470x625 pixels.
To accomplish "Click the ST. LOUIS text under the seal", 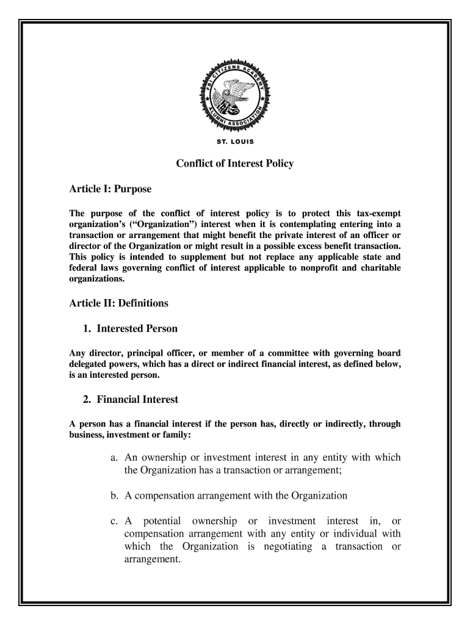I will tap(235, 143).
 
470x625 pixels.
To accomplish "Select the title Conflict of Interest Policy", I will tap(235, 164).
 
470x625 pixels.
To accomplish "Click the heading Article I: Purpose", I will tap(109, 190).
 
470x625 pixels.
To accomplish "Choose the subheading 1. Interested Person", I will tap(130, 329).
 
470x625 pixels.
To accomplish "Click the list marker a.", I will tap(115, 458).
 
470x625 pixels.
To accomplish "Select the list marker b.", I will tap(115, 495).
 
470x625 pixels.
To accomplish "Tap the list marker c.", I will tap(114, 521).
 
